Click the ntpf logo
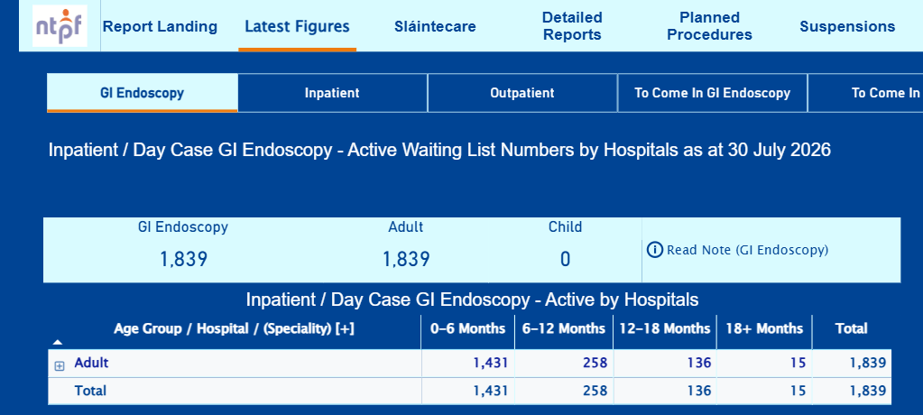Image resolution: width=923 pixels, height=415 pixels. pyautogui.click(x=60, y=26)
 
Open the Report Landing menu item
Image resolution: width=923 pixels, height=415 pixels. pyautogui.click(x=160, y=26)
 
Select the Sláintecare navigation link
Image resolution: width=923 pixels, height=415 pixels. pyautogui.click(x=435, y=26)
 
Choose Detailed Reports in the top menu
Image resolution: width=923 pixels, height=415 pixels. pyautogui.click(x=572, y=26)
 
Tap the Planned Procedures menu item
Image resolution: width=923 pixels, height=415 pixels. pyautogui.click(x=709, y=26)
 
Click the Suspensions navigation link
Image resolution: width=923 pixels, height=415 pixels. pyautogui.click(x=847, y=26)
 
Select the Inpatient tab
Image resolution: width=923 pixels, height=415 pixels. pyautogui.click(x=332, y=93)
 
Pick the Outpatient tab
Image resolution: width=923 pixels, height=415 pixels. pyautogui.click(x=522, y=93)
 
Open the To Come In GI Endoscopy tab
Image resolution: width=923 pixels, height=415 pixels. pyautogui.click(x=712, y=93)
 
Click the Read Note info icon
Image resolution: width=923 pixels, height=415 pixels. pyautogui.click(x=654, y=250)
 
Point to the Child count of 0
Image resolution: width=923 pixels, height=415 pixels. pyautogui.click(x=565, y=260)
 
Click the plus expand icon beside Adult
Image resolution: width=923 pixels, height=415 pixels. pyautogui.click(x=60, y=366)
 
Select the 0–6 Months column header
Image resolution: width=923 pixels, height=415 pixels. pyautogui.click(x=468, y=328)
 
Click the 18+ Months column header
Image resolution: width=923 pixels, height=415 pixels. pyautogui.click(x=764, y=328)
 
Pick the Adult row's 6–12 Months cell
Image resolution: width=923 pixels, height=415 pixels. pyautogui.click(x=595, y=364)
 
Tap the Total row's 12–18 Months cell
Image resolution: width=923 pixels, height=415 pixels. pyautogui.click(x=698, y=391)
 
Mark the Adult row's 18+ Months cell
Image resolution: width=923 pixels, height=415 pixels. pyautogui.click(x=798, y=364)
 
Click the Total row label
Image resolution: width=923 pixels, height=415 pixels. pyautogui.click(x=90, y=391)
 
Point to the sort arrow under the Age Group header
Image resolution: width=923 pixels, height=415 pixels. pyautogui.click(x=58, y=342)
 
